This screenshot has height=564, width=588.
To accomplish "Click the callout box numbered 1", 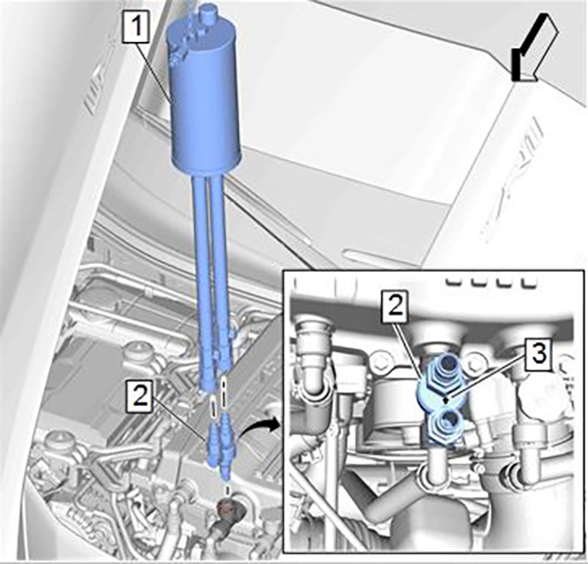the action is click(x=137, y=26).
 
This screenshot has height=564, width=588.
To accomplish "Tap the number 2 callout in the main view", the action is click(x=140, y=395).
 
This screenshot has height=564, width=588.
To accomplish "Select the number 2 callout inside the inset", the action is click(x=395, y=306).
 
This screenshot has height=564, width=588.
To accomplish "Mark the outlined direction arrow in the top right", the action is click(x=534, y=47).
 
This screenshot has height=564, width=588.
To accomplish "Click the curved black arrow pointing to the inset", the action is click(x=260, y=425).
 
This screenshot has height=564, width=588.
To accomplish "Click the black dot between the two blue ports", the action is click(x=445, y=399).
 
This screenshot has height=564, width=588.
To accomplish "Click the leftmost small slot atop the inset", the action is click(x=453, y=282).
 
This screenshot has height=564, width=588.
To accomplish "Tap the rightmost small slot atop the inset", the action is click(x=524, y=282).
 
